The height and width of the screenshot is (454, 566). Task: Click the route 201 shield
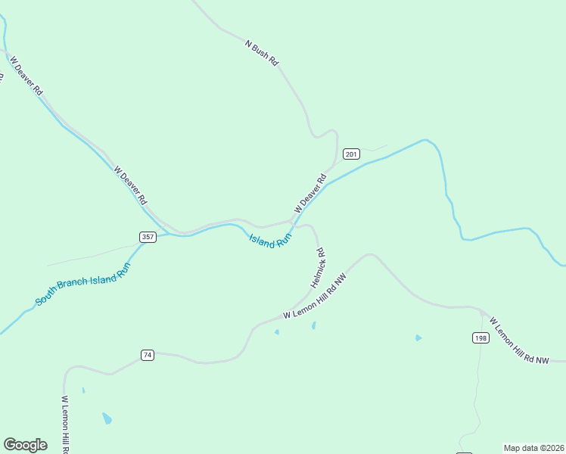[350, 154]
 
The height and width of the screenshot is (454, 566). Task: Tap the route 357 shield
[148, 237]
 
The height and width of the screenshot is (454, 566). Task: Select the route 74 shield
[148, 355]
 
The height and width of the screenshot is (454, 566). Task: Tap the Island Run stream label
[270, 241]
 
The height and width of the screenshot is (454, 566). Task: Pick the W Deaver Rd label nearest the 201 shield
[310, 194]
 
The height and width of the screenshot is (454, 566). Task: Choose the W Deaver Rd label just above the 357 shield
[131, 186]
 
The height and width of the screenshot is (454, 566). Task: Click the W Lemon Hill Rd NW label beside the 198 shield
[519, 342]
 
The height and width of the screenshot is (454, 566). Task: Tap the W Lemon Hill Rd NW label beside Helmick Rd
[315, 296]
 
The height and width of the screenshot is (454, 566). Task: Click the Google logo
[25, 445]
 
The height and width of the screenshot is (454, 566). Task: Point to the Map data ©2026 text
[533, 448]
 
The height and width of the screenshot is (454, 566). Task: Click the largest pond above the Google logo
[107, 418]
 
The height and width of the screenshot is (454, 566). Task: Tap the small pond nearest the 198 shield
[418, 338]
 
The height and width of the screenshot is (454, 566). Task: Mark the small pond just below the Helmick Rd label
[313, 325]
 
